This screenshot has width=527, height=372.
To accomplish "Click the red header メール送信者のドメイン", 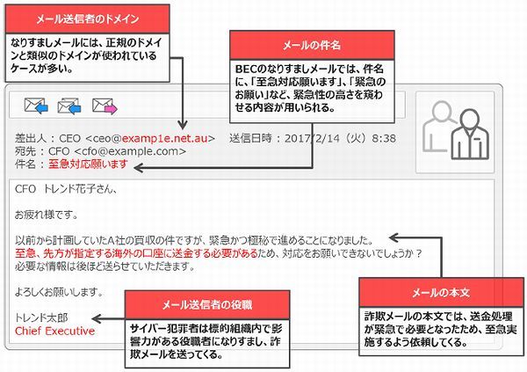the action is pyautogui.click(x=87, y=18).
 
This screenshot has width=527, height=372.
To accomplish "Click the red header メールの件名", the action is pyautogui.click(x=312, y=45).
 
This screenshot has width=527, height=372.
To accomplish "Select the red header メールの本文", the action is pyautogui.click(x=441, y=293).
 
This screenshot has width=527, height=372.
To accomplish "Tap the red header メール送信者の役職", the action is pyautogui.click(x=207, y=305).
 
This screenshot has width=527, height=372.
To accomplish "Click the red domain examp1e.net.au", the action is pyautogui.click(x=165, y=138).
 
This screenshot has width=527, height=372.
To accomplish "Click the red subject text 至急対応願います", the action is pyautogui.click(x=88, y=164).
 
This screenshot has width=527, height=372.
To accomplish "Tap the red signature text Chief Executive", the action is pyautogui.click(x=54, y=331).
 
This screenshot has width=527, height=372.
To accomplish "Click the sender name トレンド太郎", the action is pyautogui.click(x=41, y=317).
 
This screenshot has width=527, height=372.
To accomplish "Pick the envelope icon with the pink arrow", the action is pyautogui.click(x=105, y=106).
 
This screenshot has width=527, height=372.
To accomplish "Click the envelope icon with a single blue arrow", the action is pyautogui.click(x=36, y=106).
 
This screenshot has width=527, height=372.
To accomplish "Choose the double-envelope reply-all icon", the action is pyautogui.click(x=69, y=106).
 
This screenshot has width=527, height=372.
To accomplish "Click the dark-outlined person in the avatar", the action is pyautogui.click(x=470, y=135).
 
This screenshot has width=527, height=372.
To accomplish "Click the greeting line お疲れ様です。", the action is pyautogui.click(x=47, y=215).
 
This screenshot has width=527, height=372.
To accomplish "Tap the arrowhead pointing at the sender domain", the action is pyautogui.click(x=183, y=126).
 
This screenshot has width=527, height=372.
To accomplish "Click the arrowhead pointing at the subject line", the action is pyautogui.click(x=138, y=167).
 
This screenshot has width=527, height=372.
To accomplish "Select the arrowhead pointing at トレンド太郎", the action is pyautogui.click(x=96, y=319).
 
